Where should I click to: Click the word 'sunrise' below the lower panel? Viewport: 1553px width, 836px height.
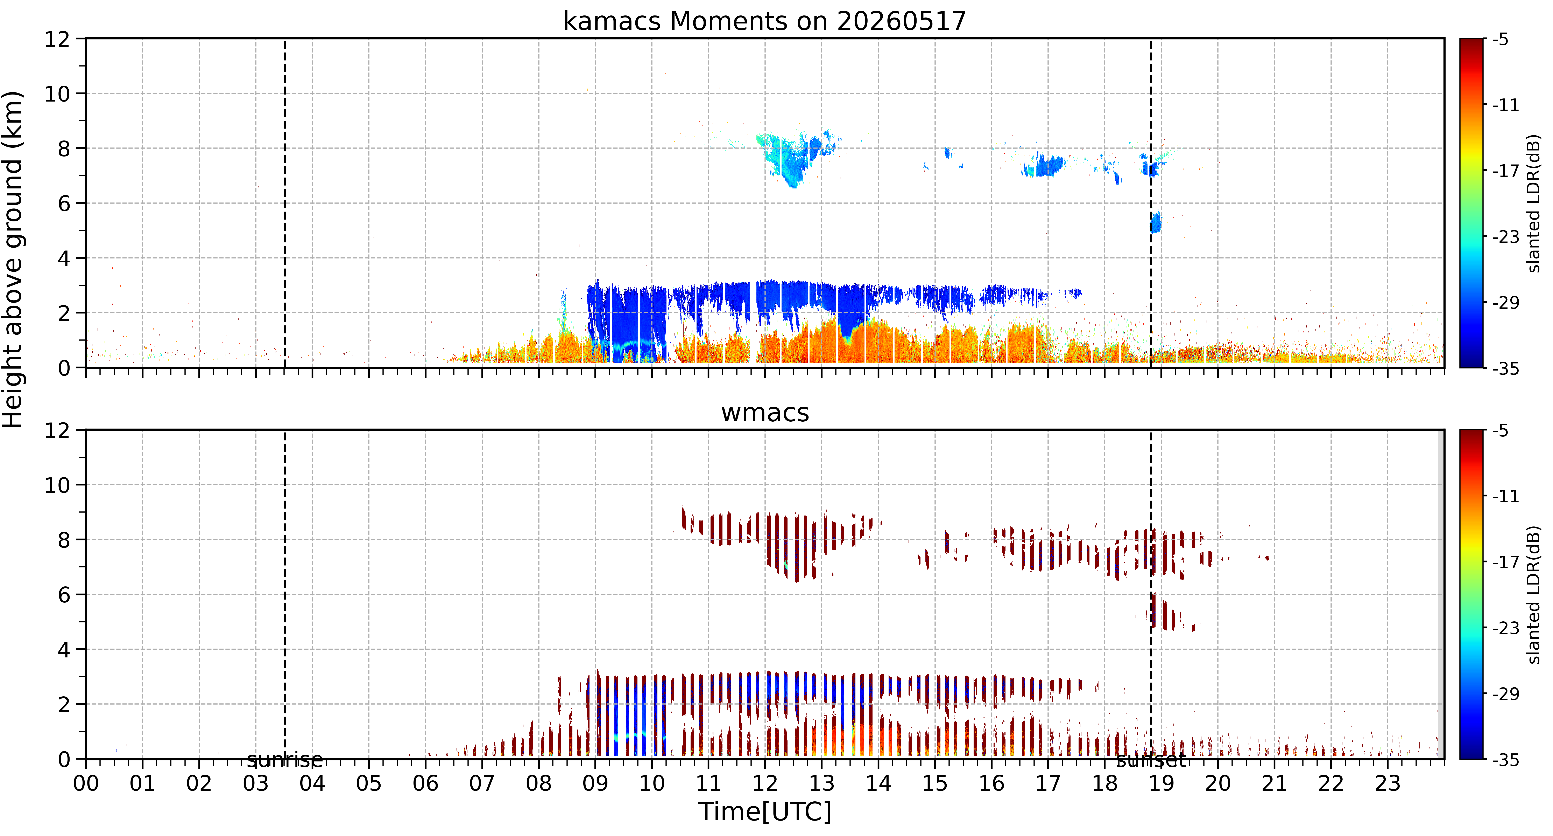tap(285, 760)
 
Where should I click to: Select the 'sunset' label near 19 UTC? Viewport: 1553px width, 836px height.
tap(1151, 760)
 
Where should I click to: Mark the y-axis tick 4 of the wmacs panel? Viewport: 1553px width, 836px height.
tap(64, 650)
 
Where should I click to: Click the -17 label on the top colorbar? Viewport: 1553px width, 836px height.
tap(1506, 171)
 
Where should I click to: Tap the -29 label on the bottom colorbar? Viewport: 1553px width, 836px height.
tap(1506, 694)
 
